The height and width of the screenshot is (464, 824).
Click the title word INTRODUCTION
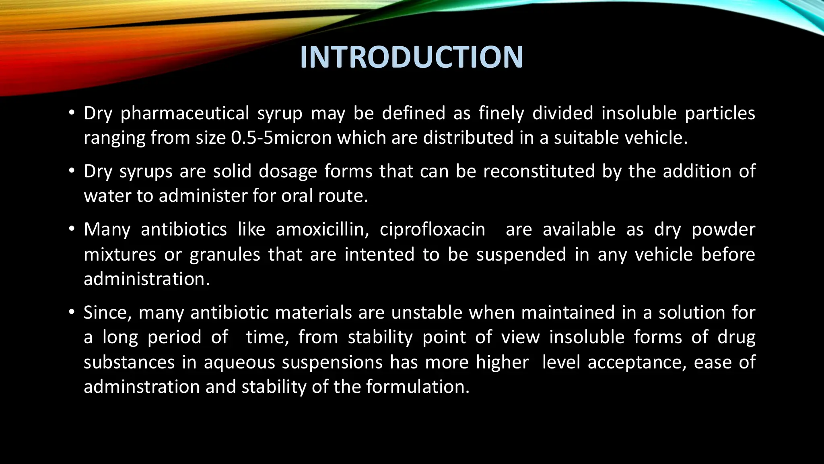pyautogui.click(x=412, y=57)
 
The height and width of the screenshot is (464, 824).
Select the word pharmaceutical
pyautogui.click(x=185, y=113)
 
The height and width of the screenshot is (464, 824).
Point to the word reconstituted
pyautogui.click(x=539, y=171)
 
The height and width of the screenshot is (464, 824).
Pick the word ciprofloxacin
pyautogui.click(x=433, y=230)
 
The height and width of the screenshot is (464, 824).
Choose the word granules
pyautogui.click(x=225, y=255)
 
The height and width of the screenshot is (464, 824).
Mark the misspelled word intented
pyautogui.click(x=379, y=255)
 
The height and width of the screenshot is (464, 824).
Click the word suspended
pyautogui.click(x=521, y=255)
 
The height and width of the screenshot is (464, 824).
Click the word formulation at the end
pyautogui.click(x=418, y=387)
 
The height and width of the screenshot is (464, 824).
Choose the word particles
pyautogui.click(x=720, y=113)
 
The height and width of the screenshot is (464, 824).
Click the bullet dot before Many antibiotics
pyautogui.click(x=72, y=229)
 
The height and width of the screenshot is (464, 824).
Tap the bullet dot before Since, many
pyautogui.click(x=72, y=313)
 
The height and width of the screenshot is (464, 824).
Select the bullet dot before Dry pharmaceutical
pyautogui.click(x=72, y=113)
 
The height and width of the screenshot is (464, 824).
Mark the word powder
pyautogui.click(x=723, y=230)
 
